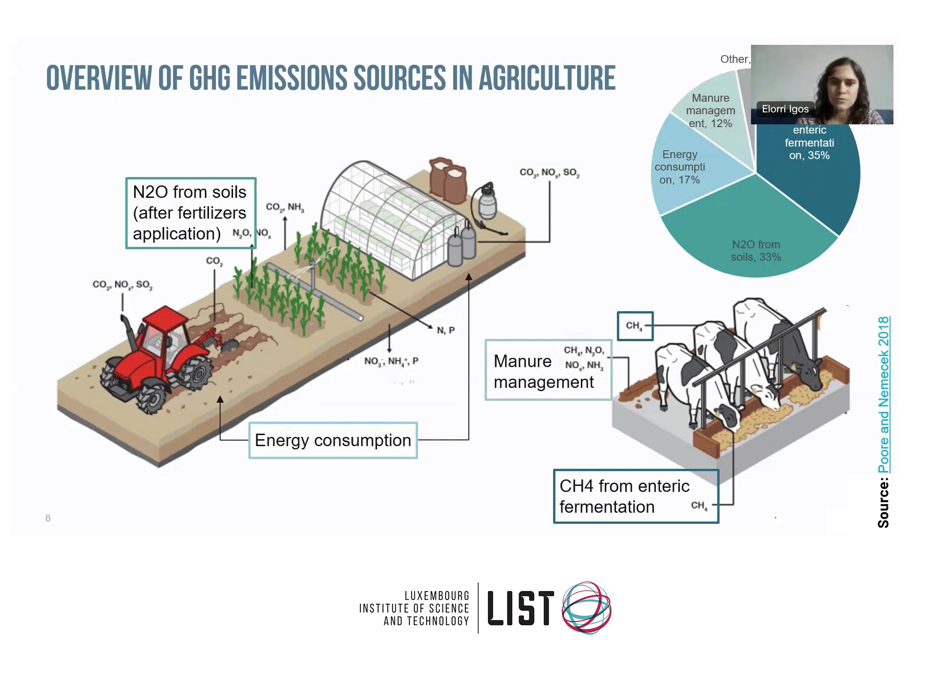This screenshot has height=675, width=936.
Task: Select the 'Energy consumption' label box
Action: point(333,440)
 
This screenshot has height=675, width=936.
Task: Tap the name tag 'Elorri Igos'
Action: point(785,109)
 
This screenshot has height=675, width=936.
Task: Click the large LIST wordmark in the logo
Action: point(520,608)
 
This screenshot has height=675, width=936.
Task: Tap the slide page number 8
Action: point(48,518)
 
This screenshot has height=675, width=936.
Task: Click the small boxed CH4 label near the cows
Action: point(635,326)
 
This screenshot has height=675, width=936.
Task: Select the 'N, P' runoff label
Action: point(446,330)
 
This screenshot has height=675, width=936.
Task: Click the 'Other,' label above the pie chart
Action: point(735,59)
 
